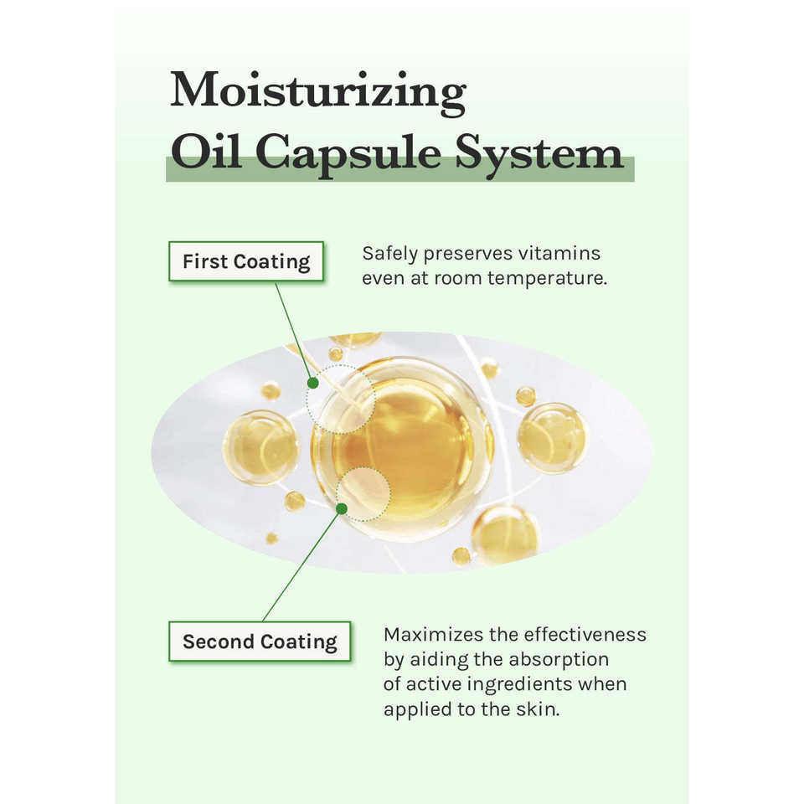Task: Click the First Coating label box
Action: (x=246, y=261)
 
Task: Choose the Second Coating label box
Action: (x=260, y=642)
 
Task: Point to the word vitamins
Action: (x=559, y=253)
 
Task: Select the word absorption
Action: (x=559, y=659)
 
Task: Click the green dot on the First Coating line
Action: (x=312, y=383)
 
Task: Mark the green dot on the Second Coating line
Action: (x=341, y=508)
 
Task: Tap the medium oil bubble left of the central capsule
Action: (x=260, y=447)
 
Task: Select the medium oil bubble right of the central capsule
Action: (x=552, y=437)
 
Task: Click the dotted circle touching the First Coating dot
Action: (x=340, y=399)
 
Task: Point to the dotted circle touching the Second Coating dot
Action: (x=363, y=493)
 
